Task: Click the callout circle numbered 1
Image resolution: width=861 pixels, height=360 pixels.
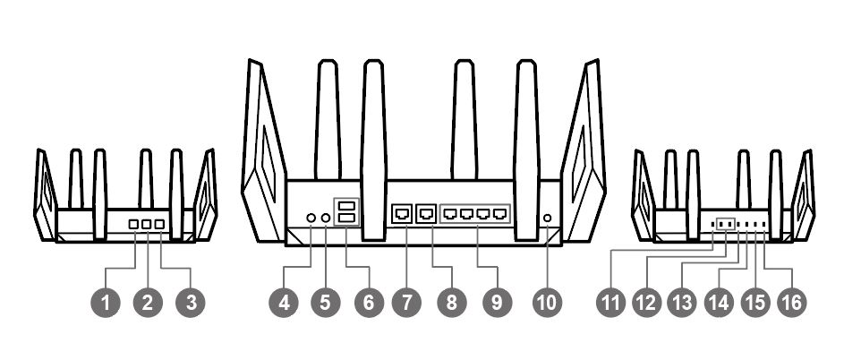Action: (106, 303)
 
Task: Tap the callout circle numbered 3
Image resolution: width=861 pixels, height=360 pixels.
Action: (191, 303)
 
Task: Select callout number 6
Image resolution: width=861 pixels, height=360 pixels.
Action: (369, 303)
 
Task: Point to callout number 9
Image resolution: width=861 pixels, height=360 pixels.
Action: (497, 303)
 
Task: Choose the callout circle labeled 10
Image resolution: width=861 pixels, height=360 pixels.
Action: (547, 303)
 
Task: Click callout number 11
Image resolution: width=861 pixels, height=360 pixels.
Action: (611, 303)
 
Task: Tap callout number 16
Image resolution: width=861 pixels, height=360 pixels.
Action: (792, 303)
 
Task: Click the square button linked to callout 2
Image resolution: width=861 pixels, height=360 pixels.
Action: (147, 224)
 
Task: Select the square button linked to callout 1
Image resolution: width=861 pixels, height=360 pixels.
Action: (133, 224)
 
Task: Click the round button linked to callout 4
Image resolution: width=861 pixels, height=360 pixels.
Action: (311, 219)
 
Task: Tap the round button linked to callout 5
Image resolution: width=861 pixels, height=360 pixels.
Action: (326, 219)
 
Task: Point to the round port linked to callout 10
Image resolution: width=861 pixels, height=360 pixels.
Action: (547, 219)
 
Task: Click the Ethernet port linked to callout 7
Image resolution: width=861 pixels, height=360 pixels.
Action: (403, 213)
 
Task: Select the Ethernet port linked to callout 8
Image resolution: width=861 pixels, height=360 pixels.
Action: (427, 213)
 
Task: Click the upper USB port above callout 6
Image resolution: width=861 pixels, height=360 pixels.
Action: (346, 206)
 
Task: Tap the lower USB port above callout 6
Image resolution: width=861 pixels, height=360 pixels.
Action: (346, 219)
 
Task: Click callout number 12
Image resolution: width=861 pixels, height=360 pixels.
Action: (647, 303)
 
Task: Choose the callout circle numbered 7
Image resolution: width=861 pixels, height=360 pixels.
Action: (406, 303)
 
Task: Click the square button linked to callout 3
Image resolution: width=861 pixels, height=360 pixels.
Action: (160, 224)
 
